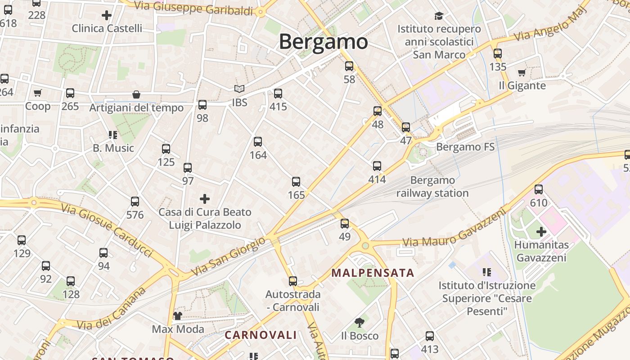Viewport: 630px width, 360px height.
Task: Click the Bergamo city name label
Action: (x=324, y=41)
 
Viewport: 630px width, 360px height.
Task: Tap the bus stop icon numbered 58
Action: (x=349, y=67)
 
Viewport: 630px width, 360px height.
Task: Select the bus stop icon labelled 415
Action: (x=278, y=94)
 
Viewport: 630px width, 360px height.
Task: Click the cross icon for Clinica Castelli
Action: (x=107, y=16)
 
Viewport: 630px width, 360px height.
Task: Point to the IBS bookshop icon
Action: (x=239, y=90)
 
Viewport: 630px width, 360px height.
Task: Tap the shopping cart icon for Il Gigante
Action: (x=522, y=72)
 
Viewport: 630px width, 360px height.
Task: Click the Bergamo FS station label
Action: (x=465, y=147)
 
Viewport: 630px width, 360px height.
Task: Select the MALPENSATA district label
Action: (x=373, y=273)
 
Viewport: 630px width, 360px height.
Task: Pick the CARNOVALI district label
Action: (x=261, y=335)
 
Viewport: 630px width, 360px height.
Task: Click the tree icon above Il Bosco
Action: (x=359, y=322)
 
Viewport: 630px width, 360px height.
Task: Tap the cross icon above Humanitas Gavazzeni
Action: (x=541, y=232)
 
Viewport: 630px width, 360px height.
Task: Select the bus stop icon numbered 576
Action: (x=135, y=202)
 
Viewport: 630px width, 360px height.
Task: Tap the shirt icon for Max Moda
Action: (x=178, y=315)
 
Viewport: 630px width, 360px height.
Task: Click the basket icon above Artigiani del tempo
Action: (x=136, y=94)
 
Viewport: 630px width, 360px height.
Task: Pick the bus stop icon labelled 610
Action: (x=539, y=189)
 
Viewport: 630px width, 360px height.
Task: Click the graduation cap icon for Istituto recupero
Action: (x=439, y=16)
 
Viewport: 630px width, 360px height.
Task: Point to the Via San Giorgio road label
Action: (x=228, y=256)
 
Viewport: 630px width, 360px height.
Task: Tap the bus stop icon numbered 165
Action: (x=296, y=182)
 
